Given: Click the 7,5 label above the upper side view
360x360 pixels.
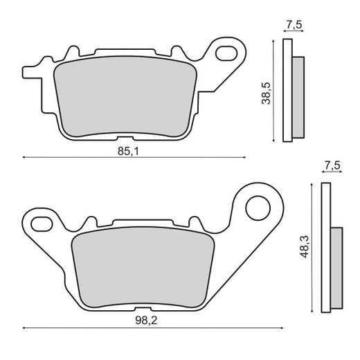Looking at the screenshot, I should (294, 26).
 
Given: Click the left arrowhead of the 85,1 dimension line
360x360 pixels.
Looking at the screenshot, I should (25, 157).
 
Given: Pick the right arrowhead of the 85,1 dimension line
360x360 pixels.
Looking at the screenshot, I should (244, 157).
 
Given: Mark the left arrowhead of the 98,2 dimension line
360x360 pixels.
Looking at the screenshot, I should (26, 327).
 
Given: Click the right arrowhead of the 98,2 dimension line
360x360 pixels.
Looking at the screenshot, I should (282, 327).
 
